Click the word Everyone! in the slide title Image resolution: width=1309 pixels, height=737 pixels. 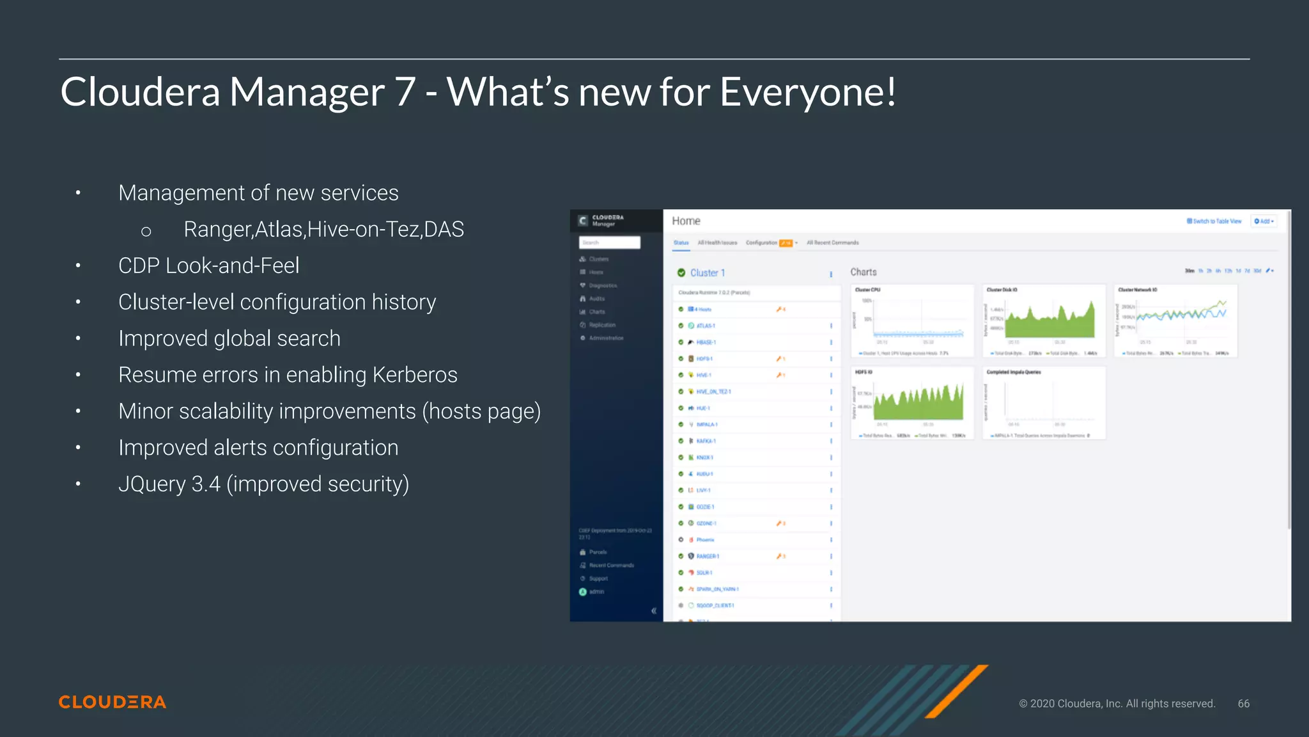808,92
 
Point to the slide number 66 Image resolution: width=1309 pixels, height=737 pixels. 1243,704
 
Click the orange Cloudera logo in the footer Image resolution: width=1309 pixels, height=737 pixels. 112,702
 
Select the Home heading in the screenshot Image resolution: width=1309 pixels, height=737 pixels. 686,221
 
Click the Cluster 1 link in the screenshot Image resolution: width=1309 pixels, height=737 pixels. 708,273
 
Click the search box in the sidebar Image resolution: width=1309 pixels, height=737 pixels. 609,242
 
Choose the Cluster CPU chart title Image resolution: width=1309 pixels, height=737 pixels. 867,290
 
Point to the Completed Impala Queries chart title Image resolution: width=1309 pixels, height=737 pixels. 1014,372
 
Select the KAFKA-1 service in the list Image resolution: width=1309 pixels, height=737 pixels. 706,441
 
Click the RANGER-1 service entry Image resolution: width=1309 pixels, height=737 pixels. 708,557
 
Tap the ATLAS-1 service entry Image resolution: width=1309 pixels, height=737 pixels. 706,326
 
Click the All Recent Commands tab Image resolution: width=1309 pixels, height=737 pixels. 832,243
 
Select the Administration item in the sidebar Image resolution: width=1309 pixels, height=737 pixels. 606,338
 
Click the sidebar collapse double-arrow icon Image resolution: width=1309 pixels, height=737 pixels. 654,611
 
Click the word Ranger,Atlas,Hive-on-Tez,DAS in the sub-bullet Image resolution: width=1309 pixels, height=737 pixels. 323,230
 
